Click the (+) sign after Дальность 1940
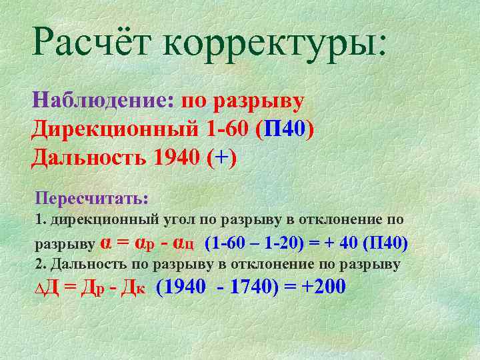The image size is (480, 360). click(x=221, y=159)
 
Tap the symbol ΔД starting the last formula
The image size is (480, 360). click(x=47, y=289)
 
